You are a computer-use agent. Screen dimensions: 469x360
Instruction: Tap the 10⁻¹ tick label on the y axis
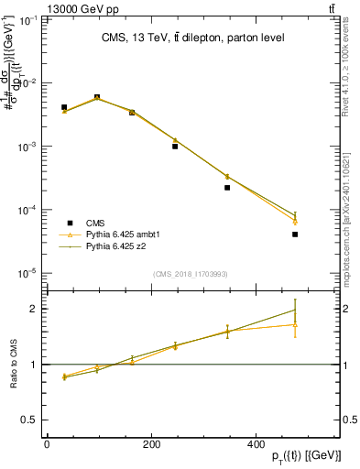[29, 19]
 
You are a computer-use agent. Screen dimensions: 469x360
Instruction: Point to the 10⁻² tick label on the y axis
[29, 83]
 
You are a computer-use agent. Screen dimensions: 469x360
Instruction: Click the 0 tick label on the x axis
[47, 444]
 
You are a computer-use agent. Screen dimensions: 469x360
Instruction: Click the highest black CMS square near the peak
[97, 97]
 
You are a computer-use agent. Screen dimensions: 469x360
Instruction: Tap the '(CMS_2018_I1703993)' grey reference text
[191, 274]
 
